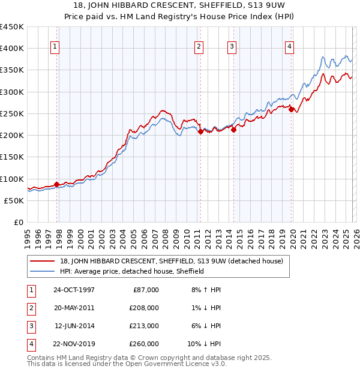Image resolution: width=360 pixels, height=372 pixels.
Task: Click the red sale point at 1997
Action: click(57, 184)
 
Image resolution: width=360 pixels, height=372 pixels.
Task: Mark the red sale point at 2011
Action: click(200, 132)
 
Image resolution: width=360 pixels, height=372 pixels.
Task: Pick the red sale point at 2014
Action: click(233, 130)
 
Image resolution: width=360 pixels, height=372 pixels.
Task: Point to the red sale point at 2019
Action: click(291, 109)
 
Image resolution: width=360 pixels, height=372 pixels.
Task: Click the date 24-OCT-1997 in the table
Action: click(74, 290)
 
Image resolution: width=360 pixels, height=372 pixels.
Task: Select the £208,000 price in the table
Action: click(144, 308)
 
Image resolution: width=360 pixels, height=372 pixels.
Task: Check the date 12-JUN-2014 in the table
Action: click(74, 326)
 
